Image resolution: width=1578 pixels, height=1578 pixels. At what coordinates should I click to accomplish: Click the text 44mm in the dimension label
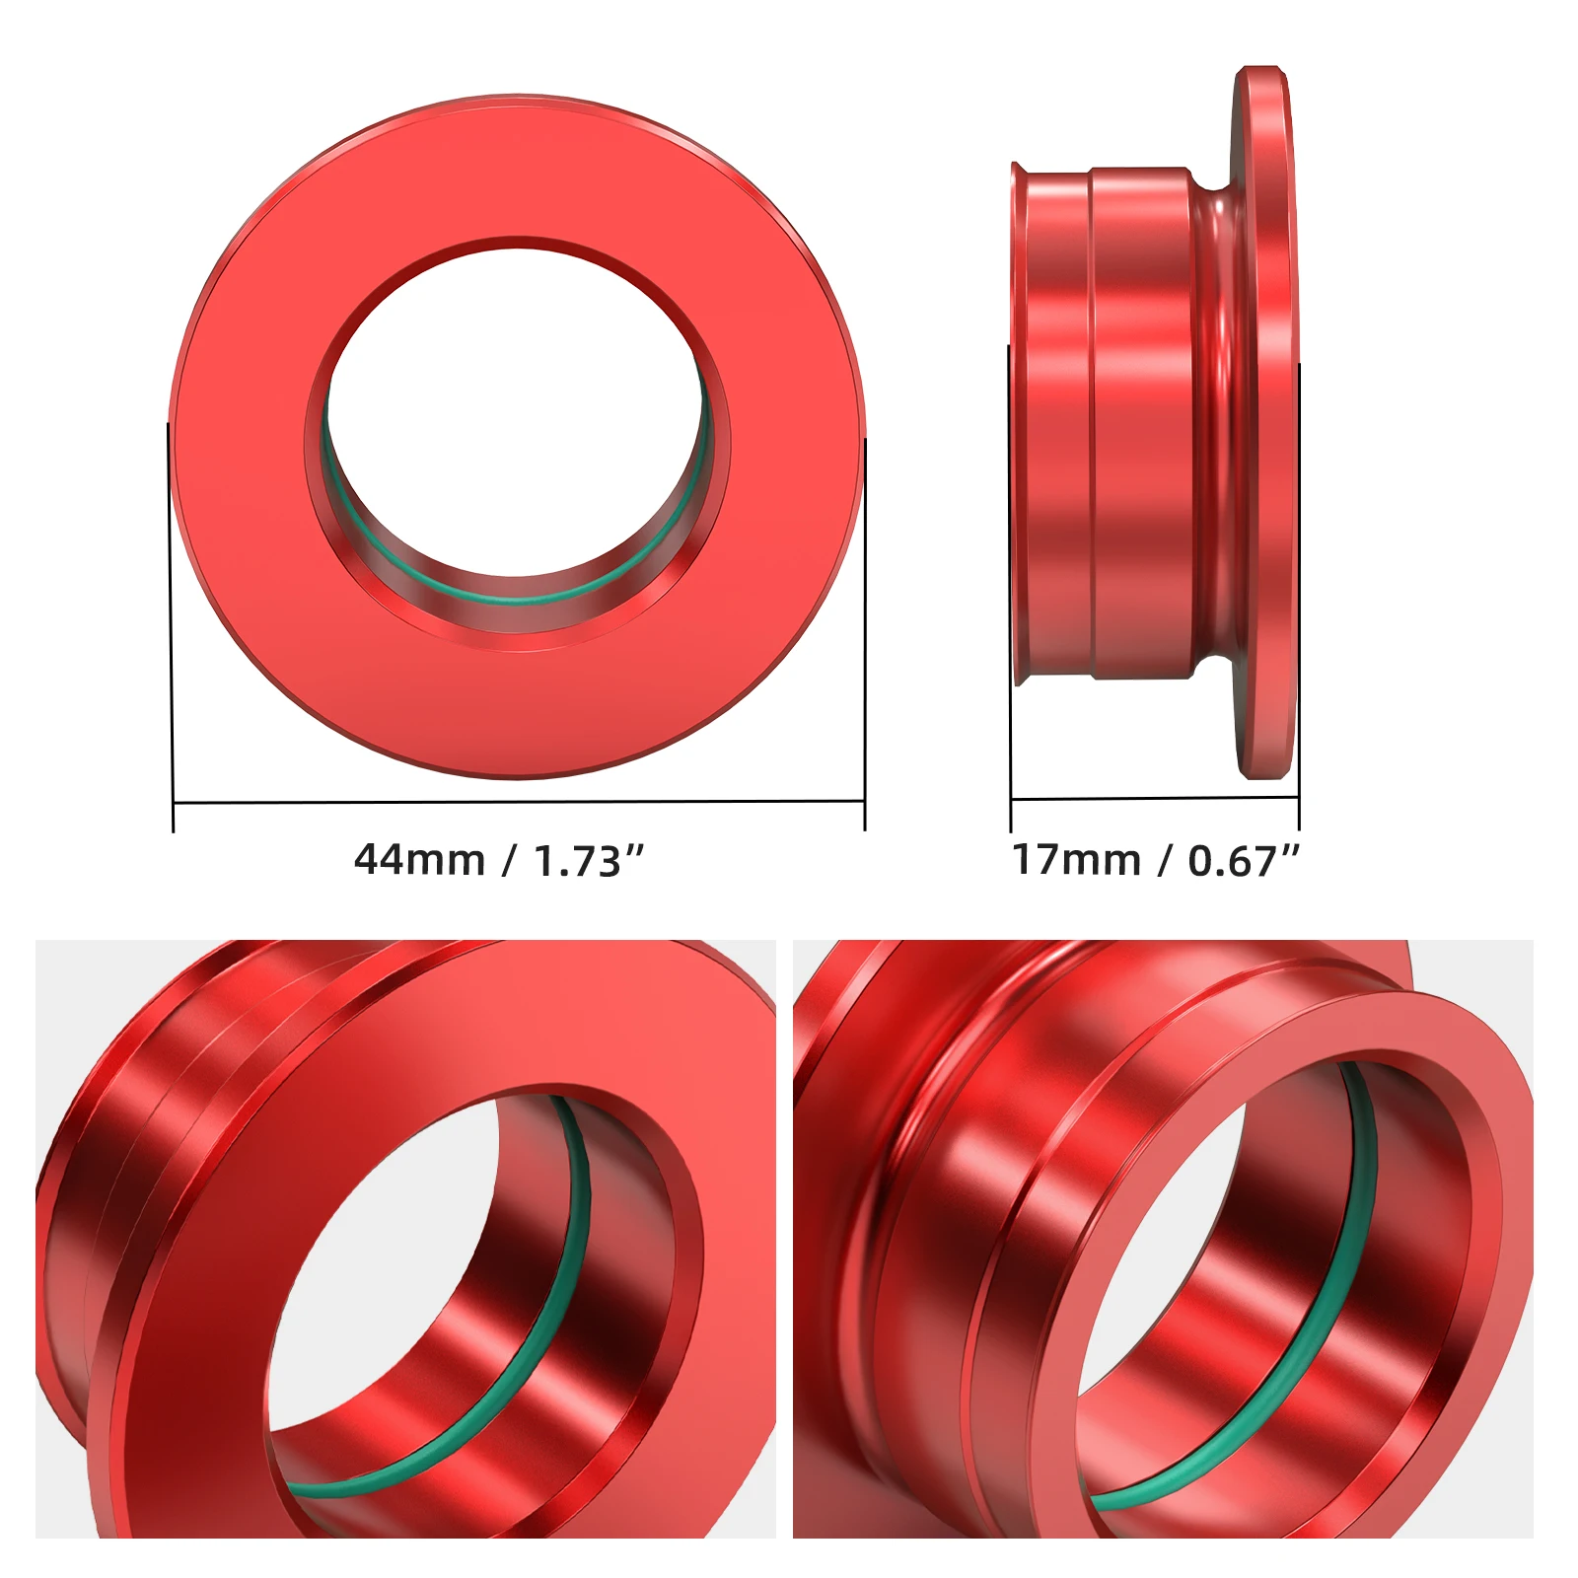pyautogui.click(x=419, y=860)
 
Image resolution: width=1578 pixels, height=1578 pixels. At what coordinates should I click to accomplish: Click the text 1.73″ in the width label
pyautogui.click(x=589, y=861)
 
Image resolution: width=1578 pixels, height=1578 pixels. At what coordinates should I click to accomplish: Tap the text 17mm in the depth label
pyautogui.click(x=1076, y=860)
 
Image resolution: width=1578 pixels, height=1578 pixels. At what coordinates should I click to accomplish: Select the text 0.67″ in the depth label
pyautogui.click(x=1243, y=861)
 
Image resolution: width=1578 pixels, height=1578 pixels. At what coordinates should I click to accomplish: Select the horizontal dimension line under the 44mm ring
pyautogui.click(x=518, y=802)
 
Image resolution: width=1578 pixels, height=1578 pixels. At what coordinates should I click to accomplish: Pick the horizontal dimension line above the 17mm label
pyautogui.click(x=1154, y=798)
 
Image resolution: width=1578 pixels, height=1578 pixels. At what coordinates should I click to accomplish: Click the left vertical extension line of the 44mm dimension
pyautogui.click(x=172, y=631)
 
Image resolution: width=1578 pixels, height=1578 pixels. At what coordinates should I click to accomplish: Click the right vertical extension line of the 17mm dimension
pyautogui.click(x=1299, y=592)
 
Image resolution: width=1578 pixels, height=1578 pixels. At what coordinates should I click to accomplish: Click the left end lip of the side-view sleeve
pyautogui.click(x=1017, y=424)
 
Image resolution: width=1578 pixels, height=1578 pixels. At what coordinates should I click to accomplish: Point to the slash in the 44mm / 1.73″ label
pyautogui.click(x=509, y=861)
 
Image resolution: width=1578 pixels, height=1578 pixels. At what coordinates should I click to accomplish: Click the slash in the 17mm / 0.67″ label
pyautogui.click(x=1165, y=861)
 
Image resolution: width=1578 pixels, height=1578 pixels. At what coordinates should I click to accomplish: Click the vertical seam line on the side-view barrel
pyautogui.click(x=1092, y=424)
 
